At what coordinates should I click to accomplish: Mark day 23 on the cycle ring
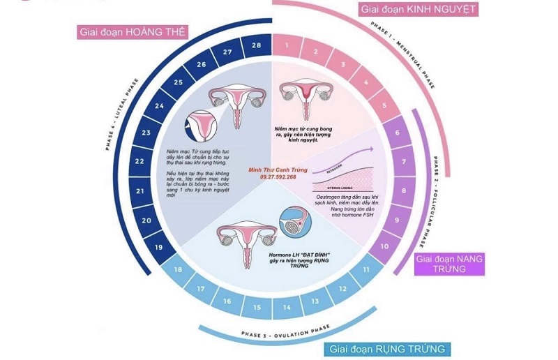146,132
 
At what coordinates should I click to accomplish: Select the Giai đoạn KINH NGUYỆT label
418,10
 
